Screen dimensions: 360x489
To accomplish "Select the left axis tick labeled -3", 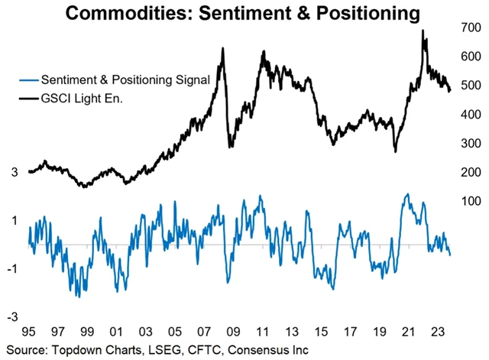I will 14,316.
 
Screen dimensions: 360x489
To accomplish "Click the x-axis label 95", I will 28,332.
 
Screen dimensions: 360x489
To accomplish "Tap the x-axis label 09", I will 232,332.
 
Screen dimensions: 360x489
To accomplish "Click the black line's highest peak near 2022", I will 423,31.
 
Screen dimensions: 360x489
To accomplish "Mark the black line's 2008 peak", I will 222,48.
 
